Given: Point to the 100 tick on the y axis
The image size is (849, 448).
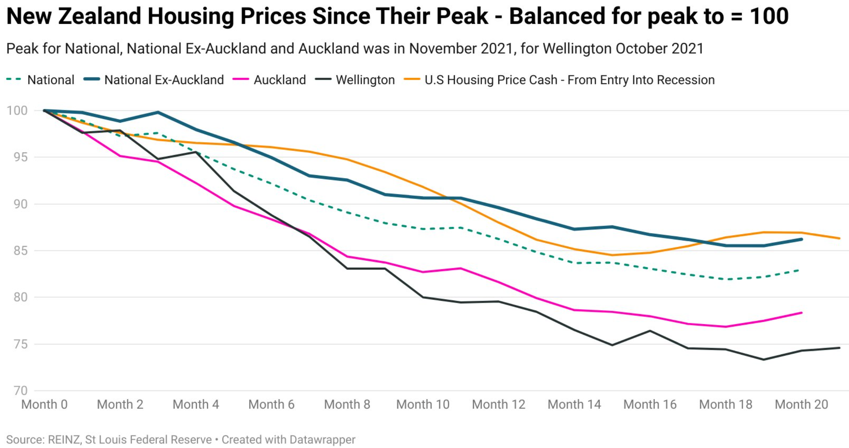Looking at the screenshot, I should [x=17, y=110].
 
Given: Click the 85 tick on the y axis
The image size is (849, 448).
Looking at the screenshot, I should [x=20, y=251].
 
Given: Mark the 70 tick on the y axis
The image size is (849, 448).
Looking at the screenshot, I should [x=20, y=390].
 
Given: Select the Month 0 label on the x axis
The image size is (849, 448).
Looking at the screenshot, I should [x=44, y=404].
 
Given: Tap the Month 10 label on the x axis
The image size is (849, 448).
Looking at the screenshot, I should [x=423, y=404].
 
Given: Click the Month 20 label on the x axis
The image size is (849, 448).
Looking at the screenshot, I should [x=801, y=404].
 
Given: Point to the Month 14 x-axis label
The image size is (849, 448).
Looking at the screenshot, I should [x=574, y=404].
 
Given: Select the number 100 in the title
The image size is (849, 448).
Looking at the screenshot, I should [x=769, y=16].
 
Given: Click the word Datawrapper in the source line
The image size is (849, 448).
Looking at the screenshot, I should [x=322, y=440].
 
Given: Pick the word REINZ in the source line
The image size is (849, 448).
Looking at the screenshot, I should [x=64, y=440].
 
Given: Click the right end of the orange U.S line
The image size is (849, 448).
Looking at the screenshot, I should [x=840, y=238].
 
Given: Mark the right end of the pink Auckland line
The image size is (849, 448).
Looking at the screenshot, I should [x=801, y=313].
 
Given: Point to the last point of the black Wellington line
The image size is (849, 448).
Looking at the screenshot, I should [x=840, y=348].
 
